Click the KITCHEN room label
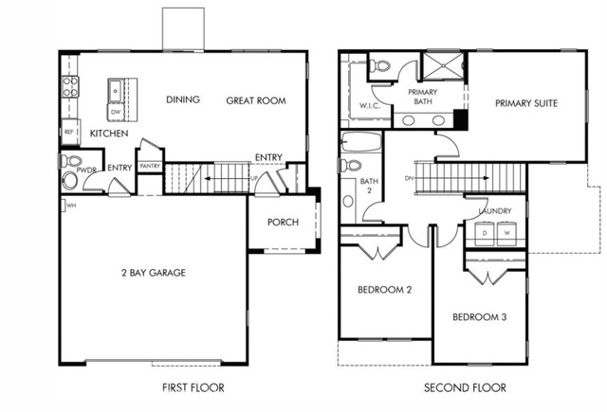click(109, 134)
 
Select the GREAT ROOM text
click(256, 100)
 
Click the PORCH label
click(283, 223)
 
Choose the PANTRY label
click(150, 167)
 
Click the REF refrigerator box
click(69, 132)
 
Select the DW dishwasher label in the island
click(115, 112)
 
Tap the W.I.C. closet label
click(370, 105)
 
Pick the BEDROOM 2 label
click(384, 290)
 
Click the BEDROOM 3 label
click(479, 316)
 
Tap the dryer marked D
click(484, 232)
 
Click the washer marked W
click(506, 232)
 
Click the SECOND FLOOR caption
click(465, 387)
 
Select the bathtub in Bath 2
click(360, 145)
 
